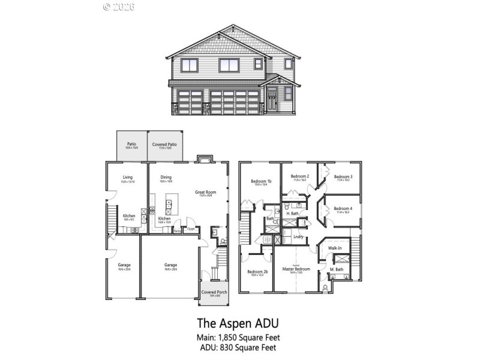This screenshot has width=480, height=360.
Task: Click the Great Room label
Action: pyautogui.click(x=205, y=192)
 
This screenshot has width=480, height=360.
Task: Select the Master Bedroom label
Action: pyautogui.click(x=296, y=269)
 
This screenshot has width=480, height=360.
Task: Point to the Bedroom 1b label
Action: pyautogui.click(x=261, y=181)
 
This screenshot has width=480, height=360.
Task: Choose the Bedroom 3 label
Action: pyautogui.click(x=343, y=176)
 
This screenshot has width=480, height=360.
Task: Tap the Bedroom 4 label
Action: pyautogui.click(x=343, y=208)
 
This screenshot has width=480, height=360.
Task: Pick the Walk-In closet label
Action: pyautogui.click(x=334, y=248)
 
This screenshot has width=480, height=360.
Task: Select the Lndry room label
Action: pyautogui.click(x=298, y=236)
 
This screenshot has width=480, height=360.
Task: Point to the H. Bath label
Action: pyautogui.click(x=292, y=214)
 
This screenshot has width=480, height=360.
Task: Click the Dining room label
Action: pyautogui.click(x=166, y=177)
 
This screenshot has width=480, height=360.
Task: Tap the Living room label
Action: pyautogui.click(x=128, y=177)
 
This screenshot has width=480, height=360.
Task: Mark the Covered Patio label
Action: pyautogui.click(x=164, y=144)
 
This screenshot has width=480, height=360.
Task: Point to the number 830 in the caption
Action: pyautogui.click(x=230, y=347)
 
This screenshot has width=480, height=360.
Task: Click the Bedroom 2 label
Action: pyautogui.click(x=300, y=176)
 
